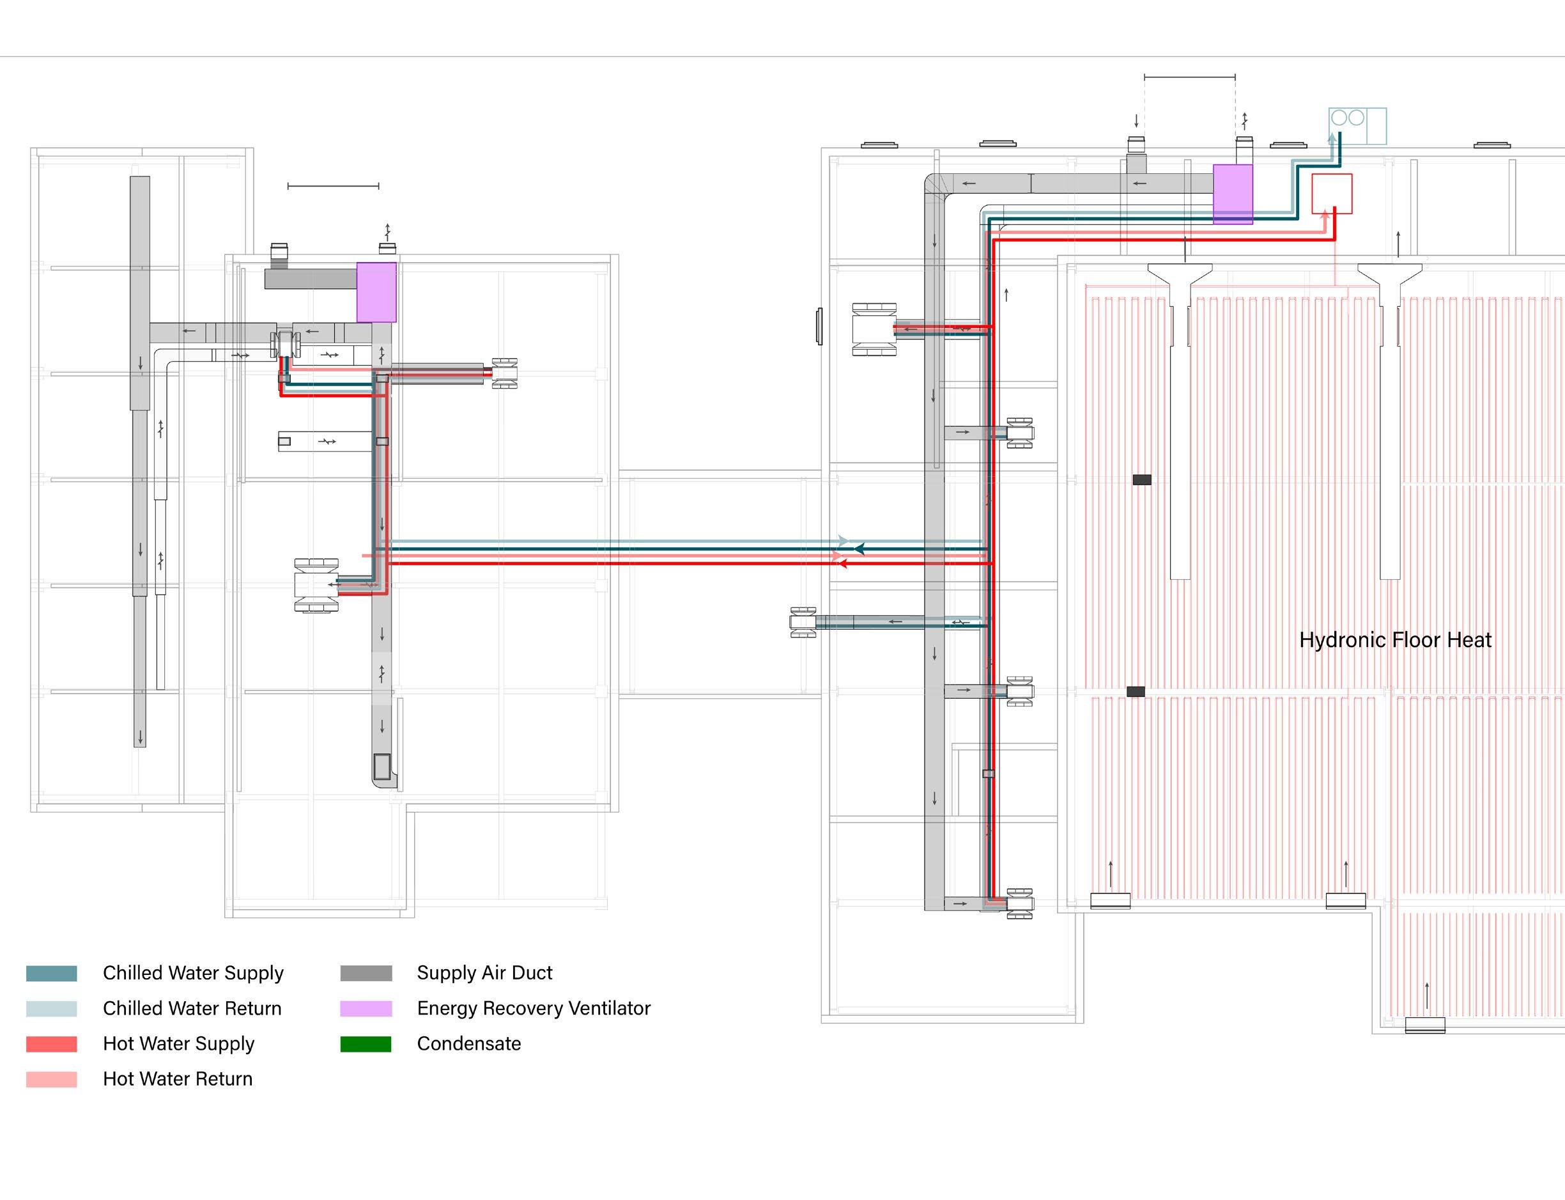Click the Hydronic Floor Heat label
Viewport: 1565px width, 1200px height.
point(1395,640)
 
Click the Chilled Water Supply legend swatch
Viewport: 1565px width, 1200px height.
point(51,974)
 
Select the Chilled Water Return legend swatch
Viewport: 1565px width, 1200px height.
point(51,1009)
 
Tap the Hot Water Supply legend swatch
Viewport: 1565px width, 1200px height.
point(51,1044)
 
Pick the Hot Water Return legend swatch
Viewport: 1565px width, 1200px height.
point(51,1079)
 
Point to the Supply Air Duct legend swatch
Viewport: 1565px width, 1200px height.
point(366,974)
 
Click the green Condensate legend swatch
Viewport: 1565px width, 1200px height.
point(366,1044)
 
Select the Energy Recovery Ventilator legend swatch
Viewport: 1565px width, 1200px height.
point(366,1009)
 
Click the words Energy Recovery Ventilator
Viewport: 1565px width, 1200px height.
point(534,1009)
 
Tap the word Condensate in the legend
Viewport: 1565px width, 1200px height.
point(468,1044)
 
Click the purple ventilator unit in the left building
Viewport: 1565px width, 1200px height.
point(376,292)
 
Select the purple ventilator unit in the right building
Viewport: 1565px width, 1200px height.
point(1232,194)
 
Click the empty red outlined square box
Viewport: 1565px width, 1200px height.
point(1332,194)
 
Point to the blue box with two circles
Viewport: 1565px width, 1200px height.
point(1357,126)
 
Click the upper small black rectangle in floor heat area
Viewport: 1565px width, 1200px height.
point(1141,480)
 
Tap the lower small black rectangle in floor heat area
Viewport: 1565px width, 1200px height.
point(1135,692)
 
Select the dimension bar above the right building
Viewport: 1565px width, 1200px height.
point(1189,77)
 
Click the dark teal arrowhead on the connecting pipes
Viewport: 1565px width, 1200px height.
point(860,549)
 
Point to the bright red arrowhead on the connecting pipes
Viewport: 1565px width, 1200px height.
point(842,564)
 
